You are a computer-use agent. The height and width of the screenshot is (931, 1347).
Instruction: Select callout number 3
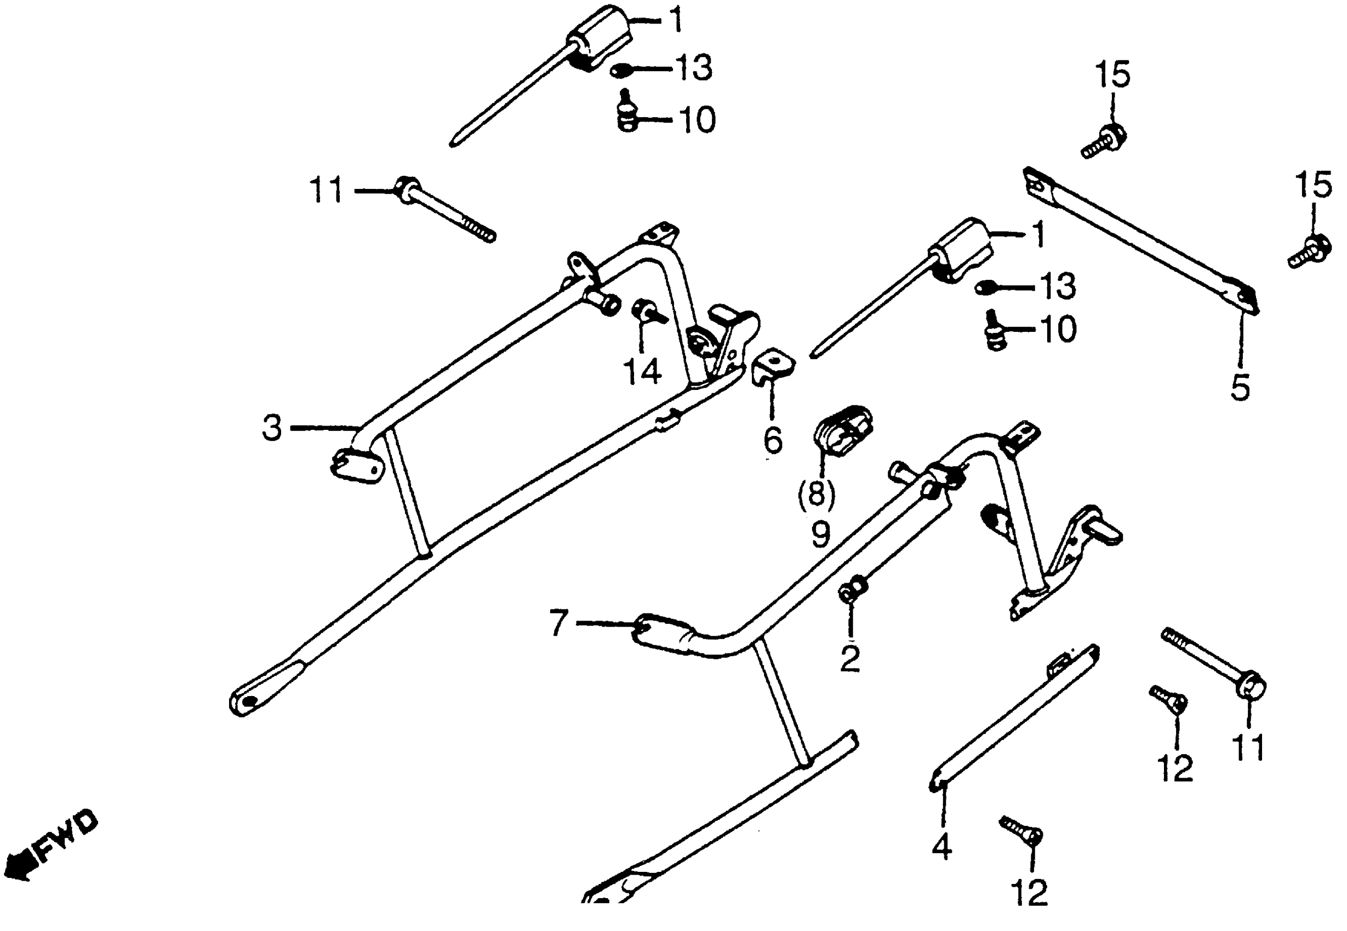272,428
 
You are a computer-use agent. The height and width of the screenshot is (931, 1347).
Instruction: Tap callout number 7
558,623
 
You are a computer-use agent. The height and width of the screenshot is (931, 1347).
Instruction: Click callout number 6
773,440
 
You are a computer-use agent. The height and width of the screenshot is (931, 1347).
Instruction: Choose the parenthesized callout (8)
816,493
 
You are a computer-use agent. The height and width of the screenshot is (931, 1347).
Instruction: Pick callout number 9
820,533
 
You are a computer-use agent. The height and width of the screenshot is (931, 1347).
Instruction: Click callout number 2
850,659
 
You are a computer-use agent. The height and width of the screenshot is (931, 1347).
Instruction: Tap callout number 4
941,848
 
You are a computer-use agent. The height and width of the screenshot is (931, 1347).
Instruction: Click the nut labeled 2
852,591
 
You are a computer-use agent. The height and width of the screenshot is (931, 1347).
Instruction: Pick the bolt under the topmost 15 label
1103,141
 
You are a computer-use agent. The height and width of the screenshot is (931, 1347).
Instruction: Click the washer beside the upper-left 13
621,71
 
